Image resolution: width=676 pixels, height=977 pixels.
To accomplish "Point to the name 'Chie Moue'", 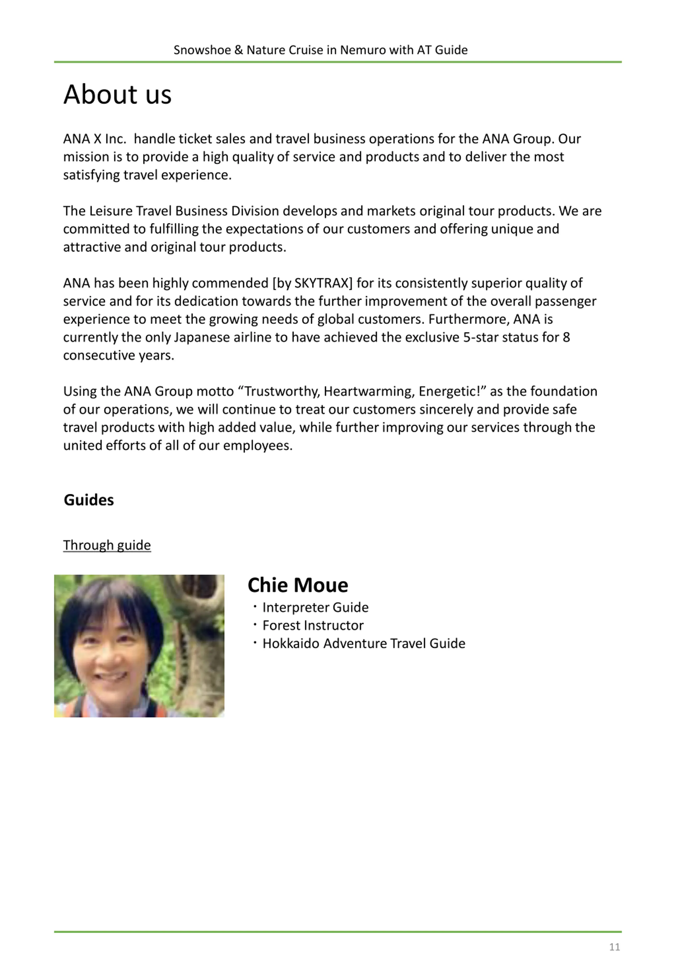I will click(x=298, y=585).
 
